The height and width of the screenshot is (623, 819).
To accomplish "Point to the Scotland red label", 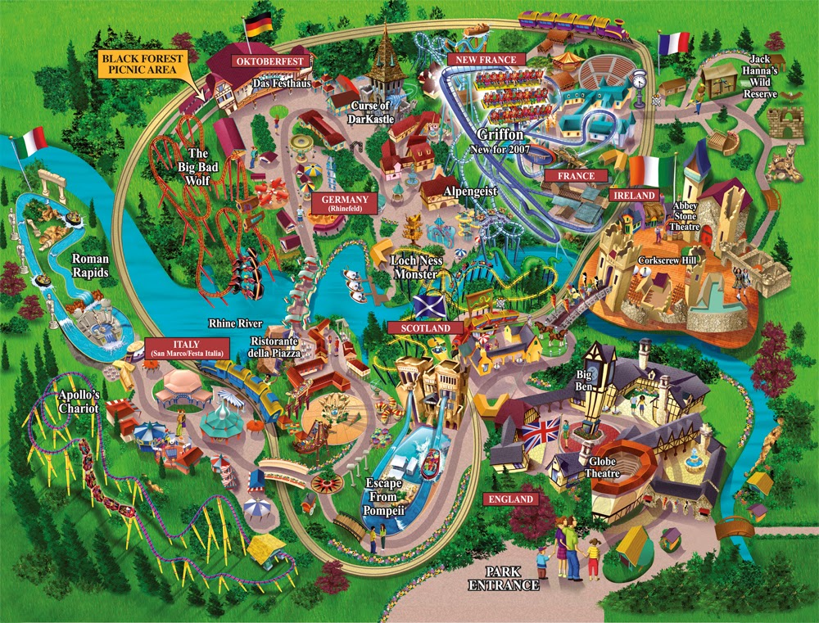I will pos(425,327).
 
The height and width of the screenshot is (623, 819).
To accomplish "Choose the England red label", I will pos(511,499).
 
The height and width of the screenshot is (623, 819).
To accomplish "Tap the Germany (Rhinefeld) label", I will pos(344,204).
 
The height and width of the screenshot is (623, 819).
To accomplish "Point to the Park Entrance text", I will pos(505,578).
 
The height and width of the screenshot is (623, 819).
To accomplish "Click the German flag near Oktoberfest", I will pos(259,25).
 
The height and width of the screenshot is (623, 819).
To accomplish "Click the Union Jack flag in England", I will pos(541,431).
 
